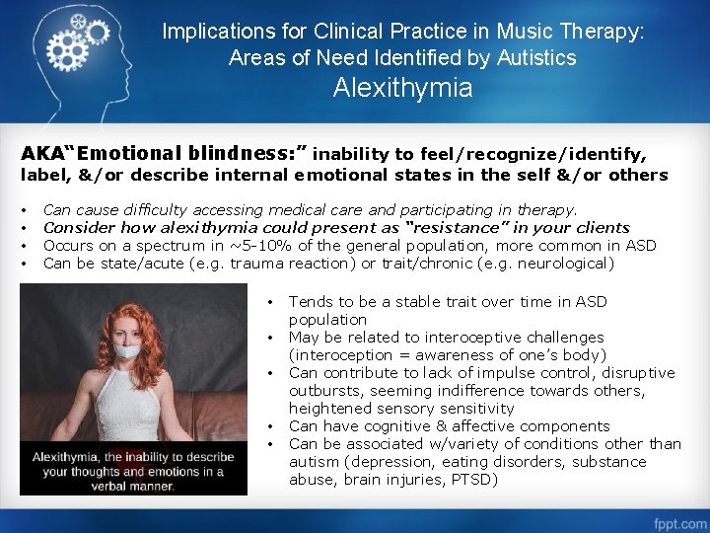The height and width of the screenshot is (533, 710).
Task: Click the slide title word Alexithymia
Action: tap(402, 89)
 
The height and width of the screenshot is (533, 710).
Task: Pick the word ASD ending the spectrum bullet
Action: tap(641, 245)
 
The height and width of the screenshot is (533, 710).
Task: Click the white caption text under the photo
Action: tap(133, 471)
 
